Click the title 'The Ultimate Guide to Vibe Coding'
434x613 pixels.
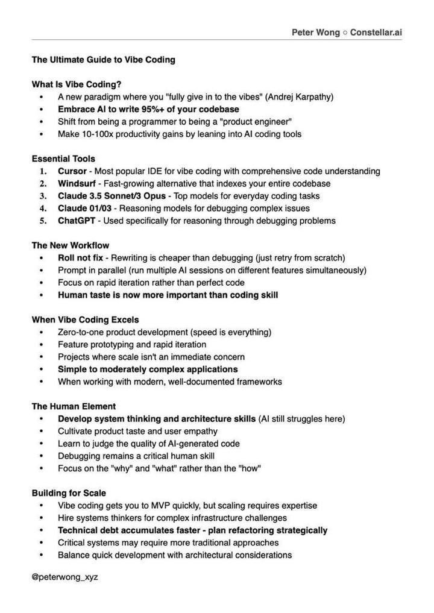(x=103, y=60)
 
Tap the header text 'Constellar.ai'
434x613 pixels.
(x=376, y=33)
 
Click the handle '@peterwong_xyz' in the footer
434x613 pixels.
(x=64, y=577)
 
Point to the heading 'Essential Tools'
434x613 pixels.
(x=63, y=159)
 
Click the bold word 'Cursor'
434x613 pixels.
(x=72, y=171)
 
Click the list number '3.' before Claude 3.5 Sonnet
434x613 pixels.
(x=43, y=196)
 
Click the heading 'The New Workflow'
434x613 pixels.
(x=71, y=245)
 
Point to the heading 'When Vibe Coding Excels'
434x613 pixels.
(x=85, y=319)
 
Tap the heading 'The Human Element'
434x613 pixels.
(x=74, y=406)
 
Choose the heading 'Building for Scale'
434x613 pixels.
(x=69, y=493)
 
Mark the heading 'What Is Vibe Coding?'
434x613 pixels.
(x=77, y=84)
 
